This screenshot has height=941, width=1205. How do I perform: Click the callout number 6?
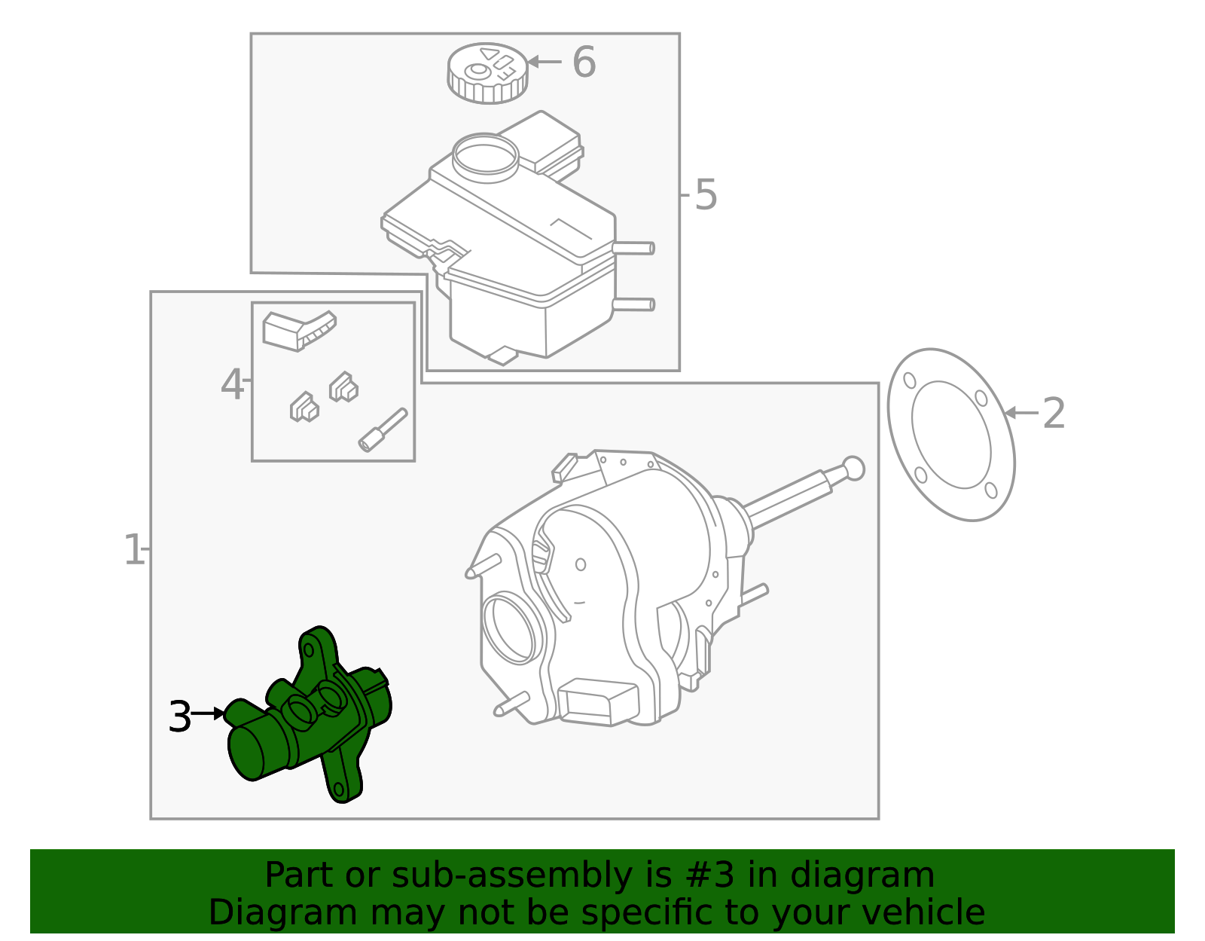tap(584, 62)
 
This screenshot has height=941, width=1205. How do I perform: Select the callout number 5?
tap(706, 195)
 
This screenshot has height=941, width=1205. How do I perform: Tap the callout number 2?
tap(1054, 414)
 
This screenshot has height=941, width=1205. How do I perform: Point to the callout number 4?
tap(232, 385)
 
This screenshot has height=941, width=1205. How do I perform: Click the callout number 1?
tap(133, 550)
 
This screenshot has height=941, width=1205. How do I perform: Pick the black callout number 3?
tap(180, 716)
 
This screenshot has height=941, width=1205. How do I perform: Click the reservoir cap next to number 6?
tap(487, 72)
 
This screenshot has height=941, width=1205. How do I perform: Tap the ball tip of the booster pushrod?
tap(853, 468)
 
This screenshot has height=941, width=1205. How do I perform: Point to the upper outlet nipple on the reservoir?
tap(634, 248)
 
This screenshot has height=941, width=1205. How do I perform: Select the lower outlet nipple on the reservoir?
tap(634, 304)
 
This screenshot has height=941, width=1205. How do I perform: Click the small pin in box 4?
tap(383, 430)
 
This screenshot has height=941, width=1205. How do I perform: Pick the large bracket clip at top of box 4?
tap(298, 330)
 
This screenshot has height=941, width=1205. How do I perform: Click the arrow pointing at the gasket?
tap(1020, 413)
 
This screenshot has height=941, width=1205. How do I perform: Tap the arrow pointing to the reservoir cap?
tap(544, 62)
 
